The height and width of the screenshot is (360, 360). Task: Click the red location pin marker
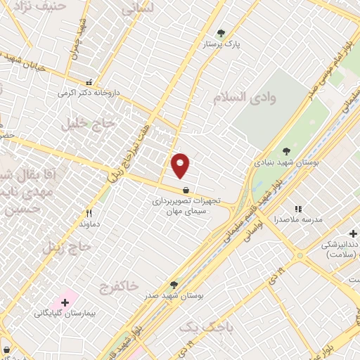click(181, 165)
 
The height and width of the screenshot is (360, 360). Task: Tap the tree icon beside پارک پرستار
click(221, 33)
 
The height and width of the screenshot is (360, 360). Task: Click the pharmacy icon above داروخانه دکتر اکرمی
click(89, 82)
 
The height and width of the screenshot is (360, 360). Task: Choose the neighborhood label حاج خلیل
click(83, 124)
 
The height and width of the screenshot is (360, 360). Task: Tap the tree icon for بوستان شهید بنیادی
click(286, 150)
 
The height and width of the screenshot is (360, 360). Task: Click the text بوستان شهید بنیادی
click(286, 162)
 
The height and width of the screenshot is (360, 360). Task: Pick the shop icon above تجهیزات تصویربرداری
click(186, 190)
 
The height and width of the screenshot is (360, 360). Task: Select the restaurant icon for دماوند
click(89, 213)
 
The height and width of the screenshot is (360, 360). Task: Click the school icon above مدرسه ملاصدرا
click(298, 209)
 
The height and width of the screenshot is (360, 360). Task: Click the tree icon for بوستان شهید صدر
click(174, 285)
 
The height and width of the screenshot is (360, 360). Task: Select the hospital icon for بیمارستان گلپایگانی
click(65, 302)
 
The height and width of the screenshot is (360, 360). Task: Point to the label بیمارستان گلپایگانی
click(63, 314)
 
